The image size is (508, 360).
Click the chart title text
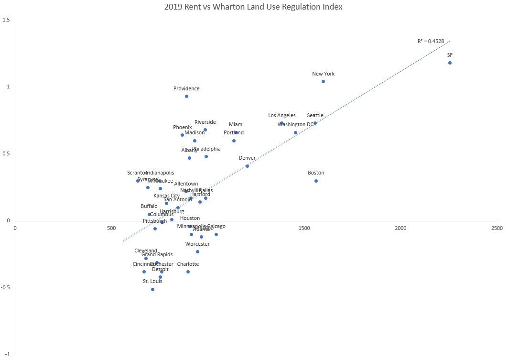point(254,7)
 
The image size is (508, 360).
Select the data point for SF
point(450,63)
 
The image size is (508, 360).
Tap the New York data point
point(323,81)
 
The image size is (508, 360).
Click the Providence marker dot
point(186,96)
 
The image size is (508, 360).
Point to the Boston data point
point(316,181)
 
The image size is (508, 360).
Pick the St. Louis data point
point(152,289)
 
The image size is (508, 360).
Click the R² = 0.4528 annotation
point(431,41)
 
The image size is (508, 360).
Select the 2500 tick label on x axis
point(497,228)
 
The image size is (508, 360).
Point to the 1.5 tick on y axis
point(7,20)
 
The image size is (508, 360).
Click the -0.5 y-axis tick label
point(6,288)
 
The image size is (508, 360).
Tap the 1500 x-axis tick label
point(304,228)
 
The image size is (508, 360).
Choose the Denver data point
point(247,166)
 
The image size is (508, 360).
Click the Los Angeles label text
point(281,115)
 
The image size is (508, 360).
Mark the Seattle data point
point(315,123)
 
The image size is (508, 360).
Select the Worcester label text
point(197,244)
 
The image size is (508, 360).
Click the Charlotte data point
point(188,272)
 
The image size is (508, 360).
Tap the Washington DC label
point(295,124)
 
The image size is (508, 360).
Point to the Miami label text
point(236,124)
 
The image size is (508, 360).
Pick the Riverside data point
point(205,130)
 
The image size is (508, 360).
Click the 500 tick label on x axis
point(111,228)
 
